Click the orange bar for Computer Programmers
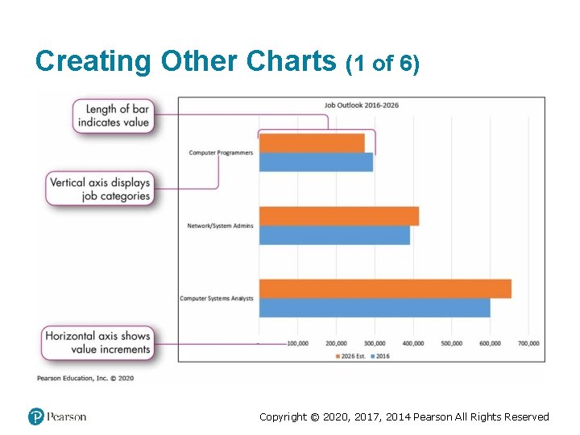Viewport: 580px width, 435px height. pos(312,143)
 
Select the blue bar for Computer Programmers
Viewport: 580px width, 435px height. pos(316,162)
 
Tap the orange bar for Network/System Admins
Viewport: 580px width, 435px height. pos(338,216)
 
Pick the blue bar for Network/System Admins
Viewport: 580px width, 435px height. pos(334,235)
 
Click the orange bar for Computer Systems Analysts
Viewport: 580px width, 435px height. pos(385,288)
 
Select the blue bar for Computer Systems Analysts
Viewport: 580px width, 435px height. pos(375,308)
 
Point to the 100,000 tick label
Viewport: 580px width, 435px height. pos(297,344)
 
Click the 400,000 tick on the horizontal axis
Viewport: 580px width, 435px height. pos(413,344)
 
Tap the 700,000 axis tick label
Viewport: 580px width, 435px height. pos(528,344)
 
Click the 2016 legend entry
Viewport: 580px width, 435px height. pos(380,355)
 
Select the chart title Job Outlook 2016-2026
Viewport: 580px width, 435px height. pos(362,105)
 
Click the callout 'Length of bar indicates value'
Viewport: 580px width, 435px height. pos(114,116)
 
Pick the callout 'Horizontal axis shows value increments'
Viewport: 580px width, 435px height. pos(97,342)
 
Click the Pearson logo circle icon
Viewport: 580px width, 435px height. pos(35,416)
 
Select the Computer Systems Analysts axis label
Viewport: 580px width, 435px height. pos(217,299)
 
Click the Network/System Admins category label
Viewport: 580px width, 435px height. pos(220,226)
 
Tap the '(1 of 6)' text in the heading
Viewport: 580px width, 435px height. pos(382,64)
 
